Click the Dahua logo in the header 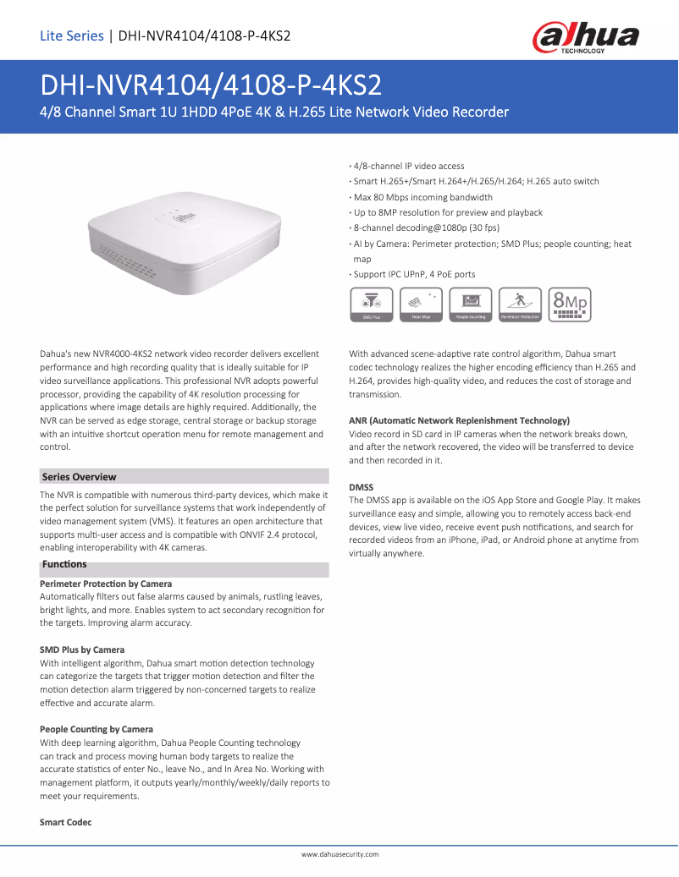click(585, 37)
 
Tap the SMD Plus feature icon click(369, 305)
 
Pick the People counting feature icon click(470, 305)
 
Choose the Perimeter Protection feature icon click(520, 305)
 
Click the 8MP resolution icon click(569, 305)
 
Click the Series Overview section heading click(80, 477)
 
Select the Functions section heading click(64, 564)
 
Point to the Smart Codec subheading click(65, 822)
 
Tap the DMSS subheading click(361, 487)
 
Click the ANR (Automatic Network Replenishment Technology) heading click(459, 420)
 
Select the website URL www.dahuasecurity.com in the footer click(339, 855)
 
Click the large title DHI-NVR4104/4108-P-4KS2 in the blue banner click(211, 85)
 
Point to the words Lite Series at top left click(71, 36)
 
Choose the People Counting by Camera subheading click(97, 729)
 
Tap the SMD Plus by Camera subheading click(82, 650)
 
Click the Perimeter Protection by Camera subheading click(106, 584)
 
